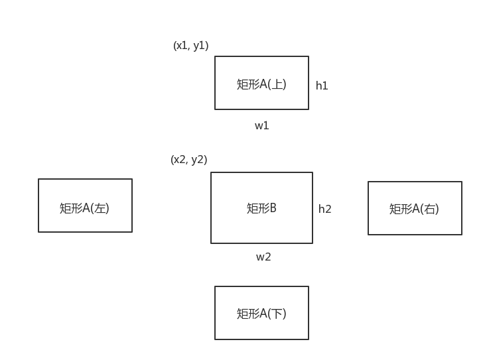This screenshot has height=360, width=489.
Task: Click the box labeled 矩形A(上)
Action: (261, 82)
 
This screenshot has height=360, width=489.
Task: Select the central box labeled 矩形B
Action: (261, 208)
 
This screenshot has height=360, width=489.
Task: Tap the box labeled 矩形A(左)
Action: (85, 205)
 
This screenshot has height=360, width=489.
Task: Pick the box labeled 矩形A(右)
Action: (415, 208)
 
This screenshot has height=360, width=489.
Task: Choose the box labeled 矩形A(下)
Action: (261, 312)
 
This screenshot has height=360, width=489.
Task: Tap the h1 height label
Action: (322, 86)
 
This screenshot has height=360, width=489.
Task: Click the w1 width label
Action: (262, 125)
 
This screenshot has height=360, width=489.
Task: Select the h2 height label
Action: (324, 209)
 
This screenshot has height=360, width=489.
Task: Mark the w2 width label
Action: (263, 257)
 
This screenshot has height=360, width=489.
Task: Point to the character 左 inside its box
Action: (101, 208)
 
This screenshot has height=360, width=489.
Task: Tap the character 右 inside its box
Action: (431, 210)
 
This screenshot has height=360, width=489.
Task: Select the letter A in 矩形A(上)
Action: (263, 84)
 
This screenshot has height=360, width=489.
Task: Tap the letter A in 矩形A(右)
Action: (416, 210)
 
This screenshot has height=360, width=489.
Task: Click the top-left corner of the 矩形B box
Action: (211, 172)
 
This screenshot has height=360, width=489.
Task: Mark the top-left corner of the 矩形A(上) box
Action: (215, 56)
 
